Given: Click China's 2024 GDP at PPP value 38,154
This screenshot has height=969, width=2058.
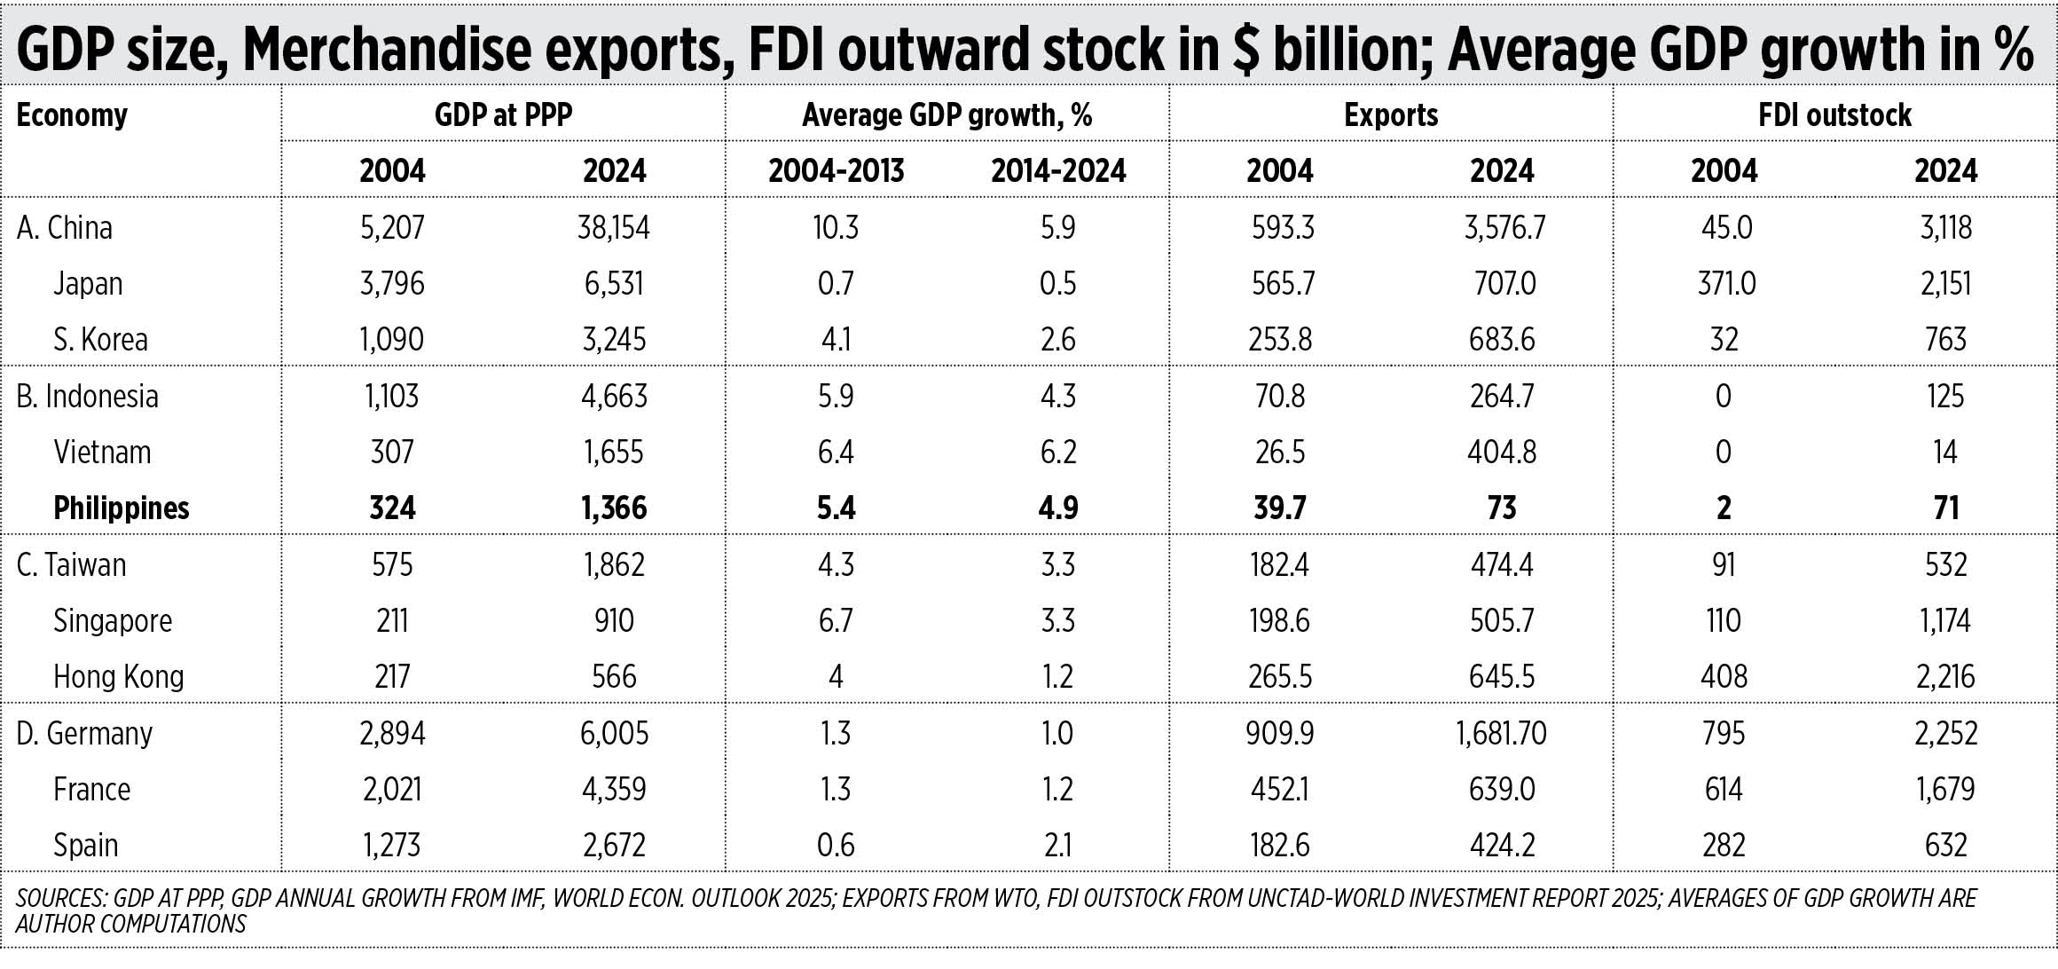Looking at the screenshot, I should (x=614, y=228).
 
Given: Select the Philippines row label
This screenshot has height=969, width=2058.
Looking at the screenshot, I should (x=122, y=508).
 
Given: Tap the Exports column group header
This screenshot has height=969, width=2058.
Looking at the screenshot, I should (x=1391, y=115).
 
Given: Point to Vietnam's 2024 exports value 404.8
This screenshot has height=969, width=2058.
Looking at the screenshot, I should (x=1502, y=453).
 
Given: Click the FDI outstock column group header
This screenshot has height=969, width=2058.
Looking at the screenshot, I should (x=1834, y=115).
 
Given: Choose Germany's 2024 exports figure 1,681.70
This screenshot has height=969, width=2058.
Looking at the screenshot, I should (x=1501, y=734).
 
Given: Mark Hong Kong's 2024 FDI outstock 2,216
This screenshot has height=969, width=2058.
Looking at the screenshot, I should (x=1945, y=677).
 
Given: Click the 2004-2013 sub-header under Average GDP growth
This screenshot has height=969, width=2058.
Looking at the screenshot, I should (x=836, y=171).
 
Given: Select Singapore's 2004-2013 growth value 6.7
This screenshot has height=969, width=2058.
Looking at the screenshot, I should (x=836, y=621).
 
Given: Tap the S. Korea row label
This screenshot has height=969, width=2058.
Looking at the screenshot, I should (x=100, y=340).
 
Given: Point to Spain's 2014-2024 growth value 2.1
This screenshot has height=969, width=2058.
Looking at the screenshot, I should (x=1058, y=846).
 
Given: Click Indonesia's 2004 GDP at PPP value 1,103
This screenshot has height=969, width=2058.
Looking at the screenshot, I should (x=392, y=396).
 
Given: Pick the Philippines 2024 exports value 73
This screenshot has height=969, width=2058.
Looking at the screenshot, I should (x=1502, y=508).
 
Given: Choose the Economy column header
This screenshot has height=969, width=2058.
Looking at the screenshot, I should (x=72, y=115).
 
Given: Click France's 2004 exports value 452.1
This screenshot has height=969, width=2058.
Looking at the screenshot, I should (x=1280, y=790).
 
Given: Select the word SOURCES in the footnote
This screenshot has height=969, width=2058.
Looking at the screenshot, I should (x=61, y=899).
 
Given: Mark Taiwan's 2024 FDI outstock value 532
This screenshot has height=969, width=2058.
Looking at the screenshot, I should (x=1945, y=565).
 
